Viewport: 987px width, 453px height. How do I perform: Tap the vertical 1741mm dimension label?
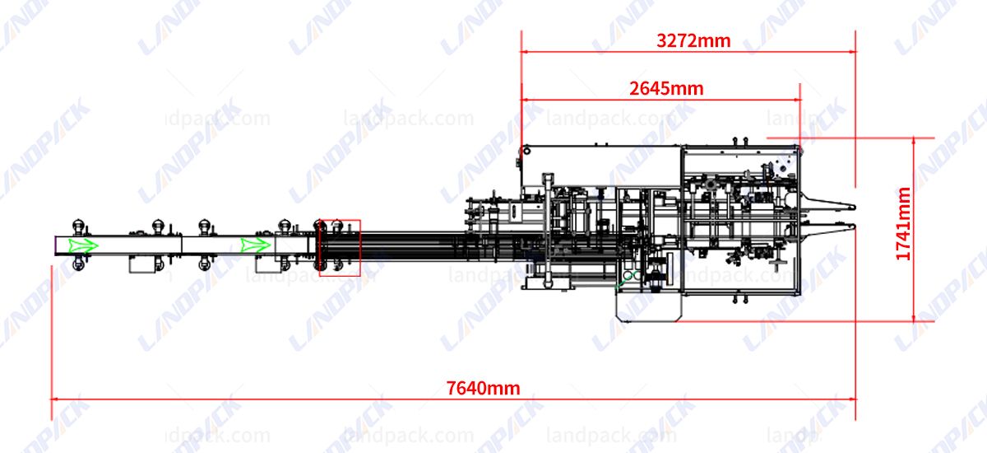tap(904, 224)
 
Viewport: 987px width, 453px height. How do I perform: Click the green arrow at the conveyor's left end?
tap(82, 245)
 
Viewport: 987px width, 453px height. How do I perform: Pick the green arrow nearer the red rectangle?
tap(256, 245)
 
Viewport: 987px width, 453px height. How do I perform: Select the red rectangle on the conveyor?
tap(340, 247)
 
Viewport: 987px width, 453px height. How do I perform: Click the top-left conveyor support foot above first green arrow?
tap(78, 225)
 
